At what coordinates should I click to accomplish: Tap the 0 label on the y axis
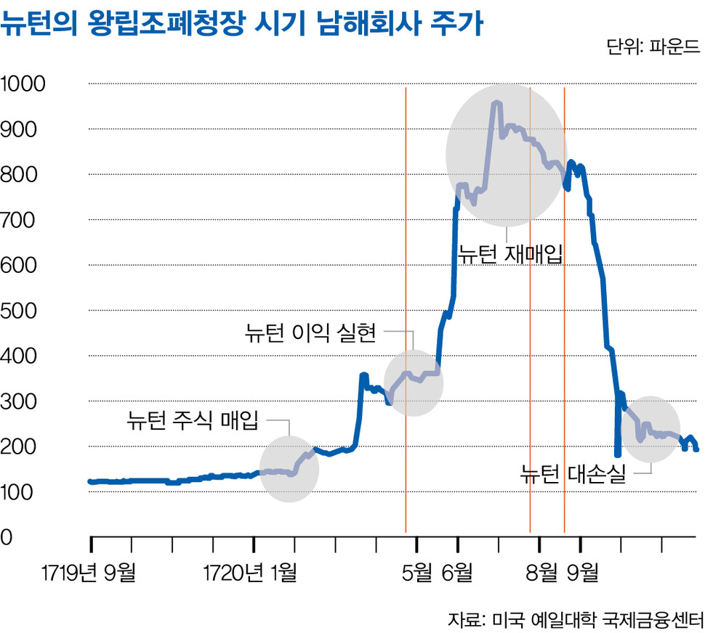point(7,538)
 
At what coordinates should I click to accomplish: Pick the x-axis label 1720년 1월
point(251,573)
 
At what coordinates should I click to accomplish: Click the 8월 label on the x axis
point(540,573)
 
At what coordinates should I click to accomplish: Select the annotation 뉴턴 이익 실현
point(311,333)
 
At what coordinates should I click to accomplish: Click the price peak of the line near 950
point(497,103)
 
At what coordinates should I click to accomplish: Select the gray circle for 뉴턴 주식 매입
point(289,468)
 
